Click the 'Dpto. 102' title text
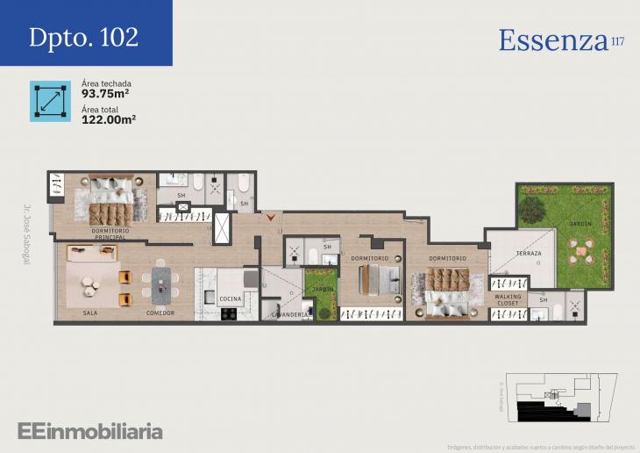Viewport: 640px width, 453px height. coord(83,38)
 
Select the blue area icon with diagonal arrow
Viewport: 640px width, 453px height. coord(50,101)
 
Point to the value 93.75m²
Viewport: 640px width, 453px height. coord(106,94)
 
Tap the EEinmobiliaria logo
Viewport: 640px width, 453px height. coord(89,431)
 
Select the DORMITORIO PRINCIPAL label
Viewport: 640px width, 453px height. coord(110,234)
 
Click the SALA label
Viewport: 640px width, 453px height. coord(89,313)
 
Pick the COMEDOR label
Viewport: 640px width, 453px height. coord(160,313)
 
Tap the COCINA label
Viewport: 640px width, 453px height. coord(230,299)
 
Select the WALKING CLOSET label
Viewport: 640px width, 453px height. coord(508,299)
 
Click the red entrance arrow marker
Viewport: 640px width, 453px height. coord(272,215)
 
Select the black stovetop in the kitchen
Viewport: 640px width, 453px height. coord(229,313)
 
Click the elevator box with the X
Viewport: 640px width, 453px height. coord(222,228)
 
